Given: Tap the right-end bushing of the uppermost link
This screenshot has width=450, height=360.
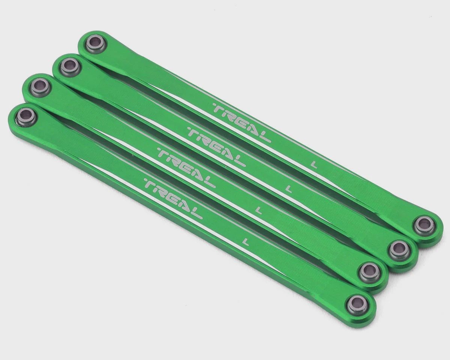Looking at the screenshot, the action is point(421,226).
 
